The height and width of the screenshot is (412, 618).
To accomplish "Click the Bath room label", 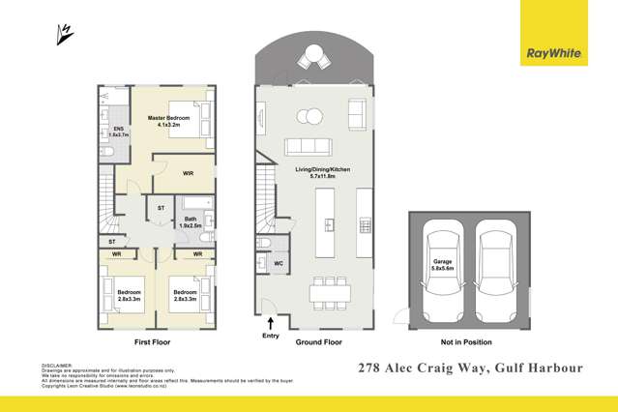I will click(192, 221).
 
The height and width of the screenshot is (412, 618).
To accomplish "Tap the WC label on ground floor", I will click(278, 263).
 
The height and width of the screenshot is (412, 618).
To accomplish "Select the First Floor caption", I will click(155, 342).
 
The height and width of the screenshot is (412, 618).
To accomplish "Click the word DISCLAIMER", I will click(58, 366).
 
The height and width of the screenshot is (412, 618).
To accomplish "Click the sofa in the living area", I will click(307, 147).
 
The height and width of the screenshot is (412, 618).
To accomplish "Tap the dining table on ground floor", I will click(328, 291).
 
